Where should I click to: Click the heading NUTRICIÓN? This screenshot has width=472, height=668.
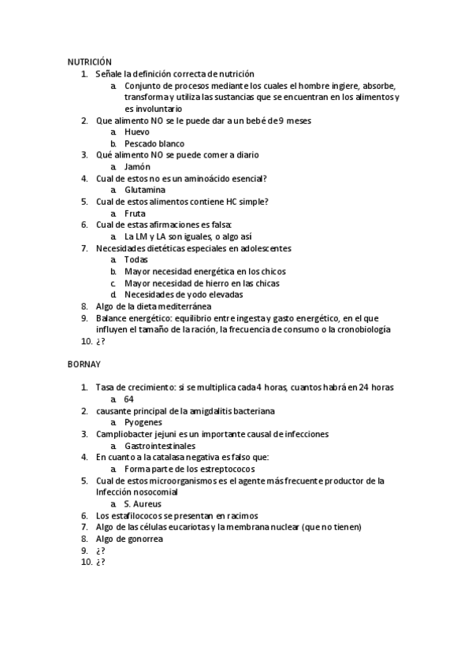click(89, 61)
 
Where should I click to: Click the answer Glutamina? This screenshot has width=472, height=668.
click(145, 190)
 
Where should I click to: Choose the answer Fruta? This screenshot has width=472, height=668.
click(136, 213)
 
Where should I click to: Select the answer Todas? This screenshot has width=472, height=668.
click(136, 260)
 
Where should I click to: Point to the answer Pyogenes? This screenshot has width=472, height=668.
click(143, 423)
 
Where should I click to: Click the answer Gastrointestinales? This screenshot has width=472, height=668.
click(160, 446)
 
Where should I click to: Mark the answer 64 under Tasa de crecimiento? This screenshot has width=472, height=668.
click(129, 399)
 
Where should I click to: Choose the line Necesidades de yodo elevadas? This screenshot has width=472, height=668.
click(184, 295)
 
